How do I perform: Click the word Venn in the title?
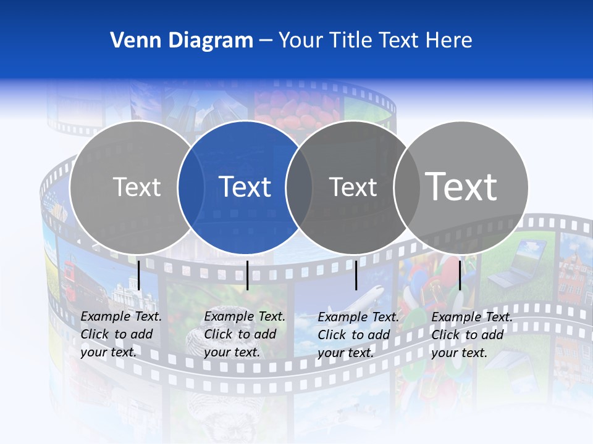coord(130,41)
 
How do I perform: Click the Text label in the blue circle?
coord(245,187)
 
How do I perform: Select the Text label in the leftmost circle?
coord(137,187)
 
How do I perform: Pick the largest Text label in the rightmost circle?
coord(461,186)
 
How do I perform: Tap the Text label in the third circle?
coord(353,187)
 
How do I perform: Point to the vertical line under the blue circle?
coord(247,275)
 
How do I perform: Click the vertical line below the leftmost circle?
coord(139,275)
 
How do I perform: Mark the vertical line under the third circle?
coord(356,275)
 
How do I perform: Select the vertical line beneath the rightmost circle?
coord(460,275)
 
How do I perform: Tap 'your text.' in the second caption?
coord(232,353)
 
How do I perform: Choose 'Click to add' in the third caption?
coord(354,335)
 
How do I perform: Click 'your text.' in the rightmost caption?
coord(459,353)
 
